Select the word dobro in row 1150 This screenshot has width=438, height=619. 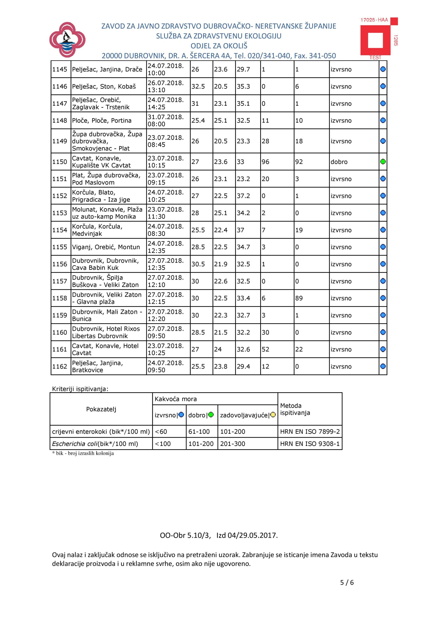click(x=339, y=162)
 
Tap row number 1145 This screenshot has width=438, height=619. click(x=59, y=70)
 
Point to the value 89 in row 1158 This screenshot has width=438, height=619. click(x=299, y=298)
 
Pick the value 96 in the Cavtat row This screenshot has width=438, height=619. click(x=265, y=162)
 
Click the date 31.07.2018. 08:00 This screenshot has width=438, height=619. click(x=166, y=120)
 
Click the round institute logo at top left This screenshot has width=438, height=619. click(x=67, y=40)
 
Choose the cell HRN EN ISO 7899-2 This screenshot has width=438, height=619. click(x=310, y=432)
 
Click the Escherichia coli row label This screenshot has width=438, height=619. click(x=95, y=444)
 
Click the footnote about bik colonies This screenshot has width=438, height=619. click(x=83, y=453)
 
